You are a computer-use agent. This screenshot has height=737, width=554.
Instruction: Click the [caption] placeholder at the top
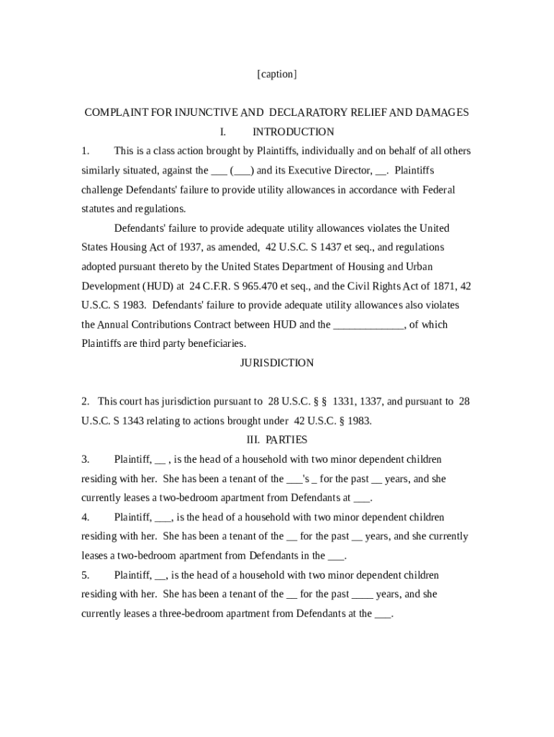pos(276,74)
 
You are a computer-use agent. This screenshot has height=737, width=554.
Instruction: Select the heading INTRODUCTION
pos(293,132)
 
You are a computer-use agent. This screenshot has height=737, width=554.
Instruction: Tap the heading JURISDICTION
pos(276,363)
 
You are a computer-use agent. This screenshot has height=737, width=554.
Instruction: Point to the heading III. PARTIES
pos(276,440)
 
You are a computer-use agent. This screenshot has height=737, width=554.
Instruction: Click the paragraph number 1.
pos(85,151)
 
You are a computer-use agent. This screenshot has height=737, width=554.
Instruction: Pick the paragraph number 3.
pos(85,459)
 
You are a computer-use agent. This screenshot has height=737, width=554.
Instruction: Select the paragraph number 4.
pos(85,517)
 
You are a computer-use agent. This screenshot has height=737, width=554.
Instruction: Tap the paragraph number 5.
pos(85,575)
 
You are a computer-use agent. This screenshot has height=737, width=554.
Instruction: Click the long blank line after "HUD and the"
pos(369,325)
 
